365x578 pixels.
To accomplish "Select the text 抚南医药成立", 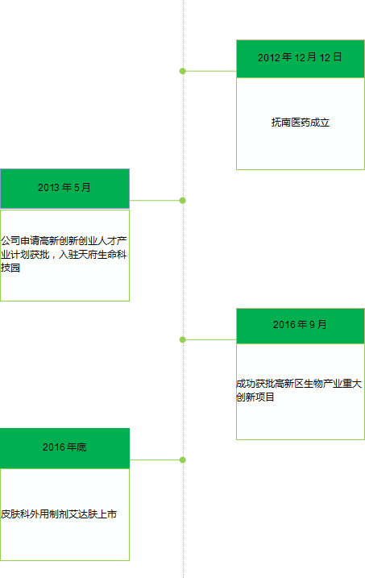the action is pyautogui.click(x=301, y=122).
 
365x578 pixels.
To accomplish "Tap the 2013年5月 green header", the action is pyautogui.click(x=64, y=189).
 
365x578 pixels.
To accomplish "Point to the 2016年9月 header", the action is pyautogui.click(x=301, y=326).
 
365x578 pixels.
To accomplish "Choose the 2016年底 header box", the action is pyautogui.click(x=64, y=448).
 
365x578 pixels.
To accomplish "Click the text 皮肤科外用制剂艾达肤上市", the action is pyautogui.click(x=59, y=514).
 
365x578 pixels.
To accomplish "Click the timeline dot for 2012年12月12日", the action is pyautogui.click(x=183, y=71).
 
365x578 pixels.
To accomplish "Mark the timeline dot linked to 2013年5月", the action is pyautogui.click(x=183, y=201).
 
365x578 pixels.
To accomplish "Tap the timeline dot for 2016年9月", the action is pyautogui.click(x=183, y=339).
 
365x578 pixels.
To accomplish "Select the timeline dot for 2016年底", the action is pyautogui.click(x=183, y=459).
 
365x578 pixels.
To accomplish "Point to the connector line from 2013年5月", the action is pyautogui.click(x=155, y=201).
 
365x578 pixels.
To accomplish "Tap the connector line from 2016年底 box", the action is pyautogui.click(x=155, y=459).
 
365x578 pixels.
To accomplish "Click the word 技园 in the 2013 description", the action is pyautogui.click(x=10, y=268).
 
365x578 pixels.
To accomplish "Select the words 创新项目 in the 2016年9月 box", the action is pyautogui.click(x=255, y=397).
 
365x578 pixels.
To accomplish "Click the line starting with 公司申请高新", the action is pyautogui.click(x=64, y=241).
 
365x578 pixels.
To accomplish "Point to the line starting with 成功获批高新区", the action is pyautogui.click(x=299, y=384).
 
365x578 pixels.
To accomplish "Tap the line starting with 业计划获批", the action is pyautogui.click(x=64, y=255).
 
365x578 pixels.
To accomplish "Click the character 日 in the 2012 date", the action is pyautogui.click(x=338, y=56).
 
